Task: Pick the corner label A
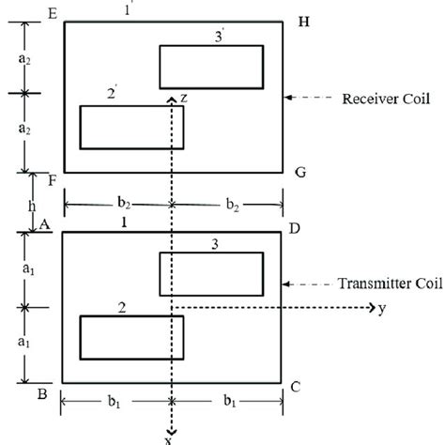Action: point(43,223)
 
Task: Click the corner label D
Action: point(298,228)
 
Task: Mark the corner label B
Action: point(43,392)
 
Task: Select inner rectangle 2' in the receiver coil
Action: point(130,127)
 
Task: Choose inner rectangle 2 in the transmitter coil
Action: point(130,337)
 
